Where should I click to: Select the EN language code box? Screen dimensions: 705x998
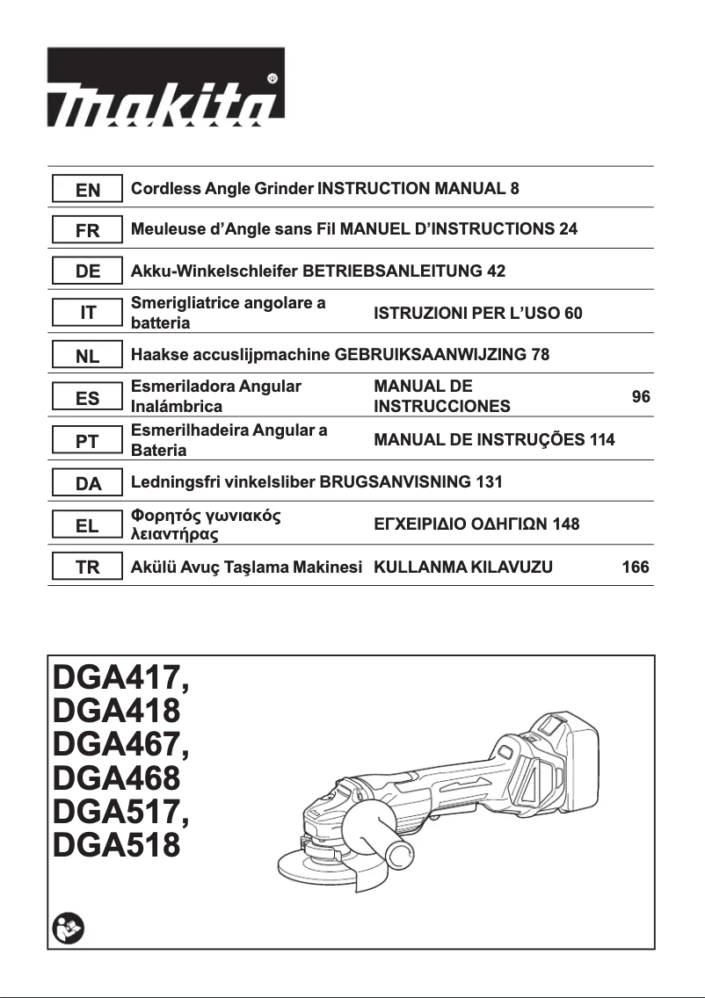coord(87,190)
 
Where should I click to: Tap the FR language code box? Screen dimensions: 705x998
coord(87,231)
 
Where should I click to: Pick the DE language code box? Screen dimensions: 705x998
coord(87,271)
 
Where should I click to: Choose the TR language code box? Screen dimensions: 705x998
coord(87,568)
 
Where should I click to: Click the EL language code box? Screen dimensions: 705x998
coord(87,525)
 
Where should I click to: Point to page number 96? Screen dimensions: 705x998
coord(641,397)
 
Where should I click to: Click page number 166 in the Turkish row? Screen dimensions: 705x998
coord(635,568)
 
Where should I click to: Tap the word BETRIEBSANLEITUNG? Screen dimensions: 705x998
coord(392,271)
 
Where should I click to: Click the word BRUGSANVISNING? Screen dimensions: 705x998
coord(394,481)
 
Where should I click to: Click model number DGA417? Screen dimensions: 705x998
coord(118,678)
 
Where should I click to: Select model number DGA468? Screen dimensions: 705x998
coord(116,777)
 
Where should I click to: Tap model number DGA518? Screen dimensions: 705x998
coord(116,845)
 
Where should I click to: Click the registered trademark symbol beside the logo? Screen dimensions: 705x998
coord(273,78)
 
